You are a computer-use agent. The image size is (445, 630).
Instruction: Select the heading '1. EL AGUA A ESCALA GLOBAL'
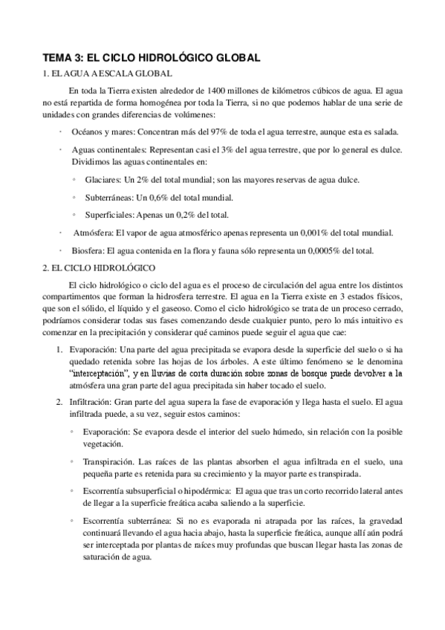pos(108,73)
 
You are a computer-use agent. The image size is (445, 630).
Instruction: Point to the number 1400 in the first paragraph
pos(221,89)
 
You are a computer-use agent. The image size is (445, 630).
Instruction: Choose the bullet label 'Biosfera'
pos(88,250)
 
